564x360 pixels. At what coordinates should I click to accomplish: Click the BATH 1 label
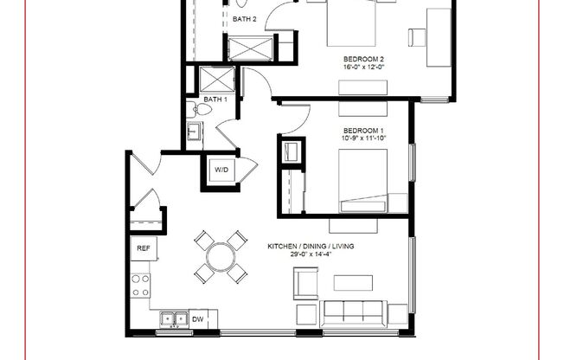215,100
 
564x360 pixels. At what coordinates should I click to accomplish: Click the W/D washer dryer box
221,170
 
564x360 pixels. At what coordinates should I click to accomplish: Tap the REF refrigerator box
143,248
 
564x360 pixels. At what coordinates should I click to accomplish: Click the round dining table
221,257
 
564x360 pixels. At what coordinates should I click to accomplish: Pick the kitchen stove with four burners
139,285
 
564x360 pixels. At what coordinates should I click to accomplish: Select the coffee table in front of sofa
353,282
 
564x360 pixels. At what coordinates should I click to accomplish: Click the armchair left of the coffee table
305,282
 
